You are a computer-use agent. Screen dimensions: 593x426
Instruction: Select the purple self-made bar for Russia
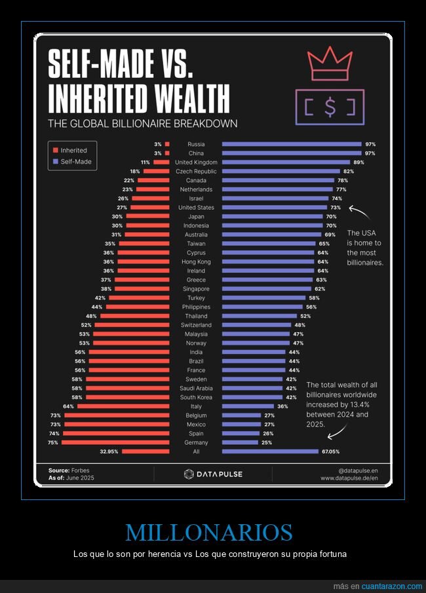(x=292, y=144)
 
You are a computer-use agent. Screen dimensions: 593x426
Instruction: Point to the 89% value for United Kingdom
(x=358, y=162)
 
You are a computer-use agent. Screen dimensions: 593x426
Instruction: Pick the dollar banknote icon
(x=329, y=107)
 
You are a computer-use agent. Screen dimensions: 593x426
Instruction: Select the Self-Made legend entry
(x=73, y=161)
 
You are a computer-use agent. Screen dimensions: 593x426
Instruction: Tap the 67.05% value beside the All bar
(x=330, y=451)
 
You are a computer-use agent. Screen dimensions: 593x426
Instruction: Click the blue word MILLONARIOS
(x=209, y=532)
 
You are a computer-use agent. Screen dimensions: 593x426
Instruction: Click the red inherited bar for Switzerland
(x=133, y=325)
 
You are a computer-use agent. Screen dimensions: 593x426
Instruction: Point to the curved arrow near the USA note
(x=359, y=213)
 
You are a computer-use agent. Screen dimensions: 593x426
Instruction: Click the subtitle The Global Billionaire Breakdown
(x=142, y=123)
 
